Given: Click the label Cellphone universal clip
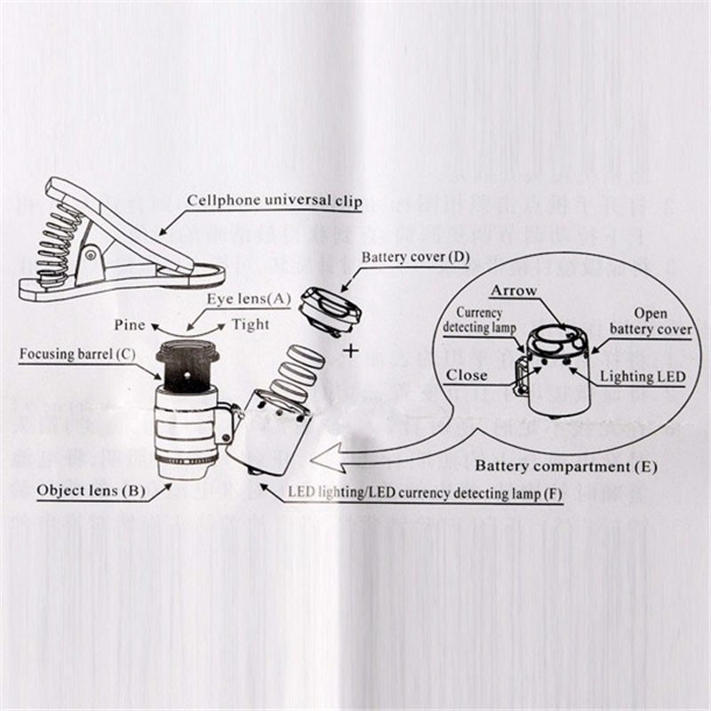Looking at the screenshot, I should pyautogui.click(x=274, y=200).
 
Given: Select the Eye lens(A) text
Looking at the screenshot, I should pyautogui.click(x=249, y=300).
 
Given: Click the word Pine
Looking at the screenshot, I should pyautogui.click(x=131, y=324).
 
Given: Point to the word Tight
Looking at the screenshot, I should pyautogui.click(x=250, y=324).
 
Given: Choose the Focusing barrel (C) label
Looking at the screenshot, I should pyautogui.click(x=77, y=355).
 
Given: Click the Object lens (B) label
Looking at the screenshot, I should pyautogui.click(x=86, y=489).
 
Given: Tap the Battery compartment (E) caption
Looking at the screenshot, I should pyautogui.click(x=566, y=465).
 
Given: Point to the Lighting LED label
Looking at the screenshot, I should pyautogui.click(x=643, y=377).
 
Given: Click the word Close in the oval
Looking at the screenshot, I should pyautogui.click(x=467, y=375).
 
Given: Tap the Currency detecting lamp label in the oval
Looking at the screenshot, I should pyautogui.click(x=480, y=320).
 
